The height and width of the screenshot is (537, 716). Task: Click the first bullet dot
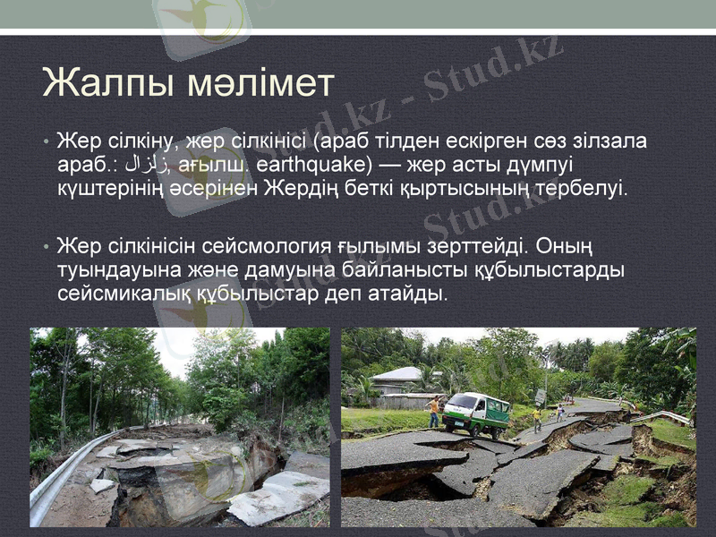tap(44, 143)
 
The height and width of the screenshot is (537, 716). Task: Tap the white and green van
tap(477, 413)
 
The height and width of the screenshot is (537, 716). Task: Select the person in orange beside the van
tap(434, 411)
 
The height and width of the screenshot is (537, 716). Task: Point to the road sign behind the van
tap(541, 396)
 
